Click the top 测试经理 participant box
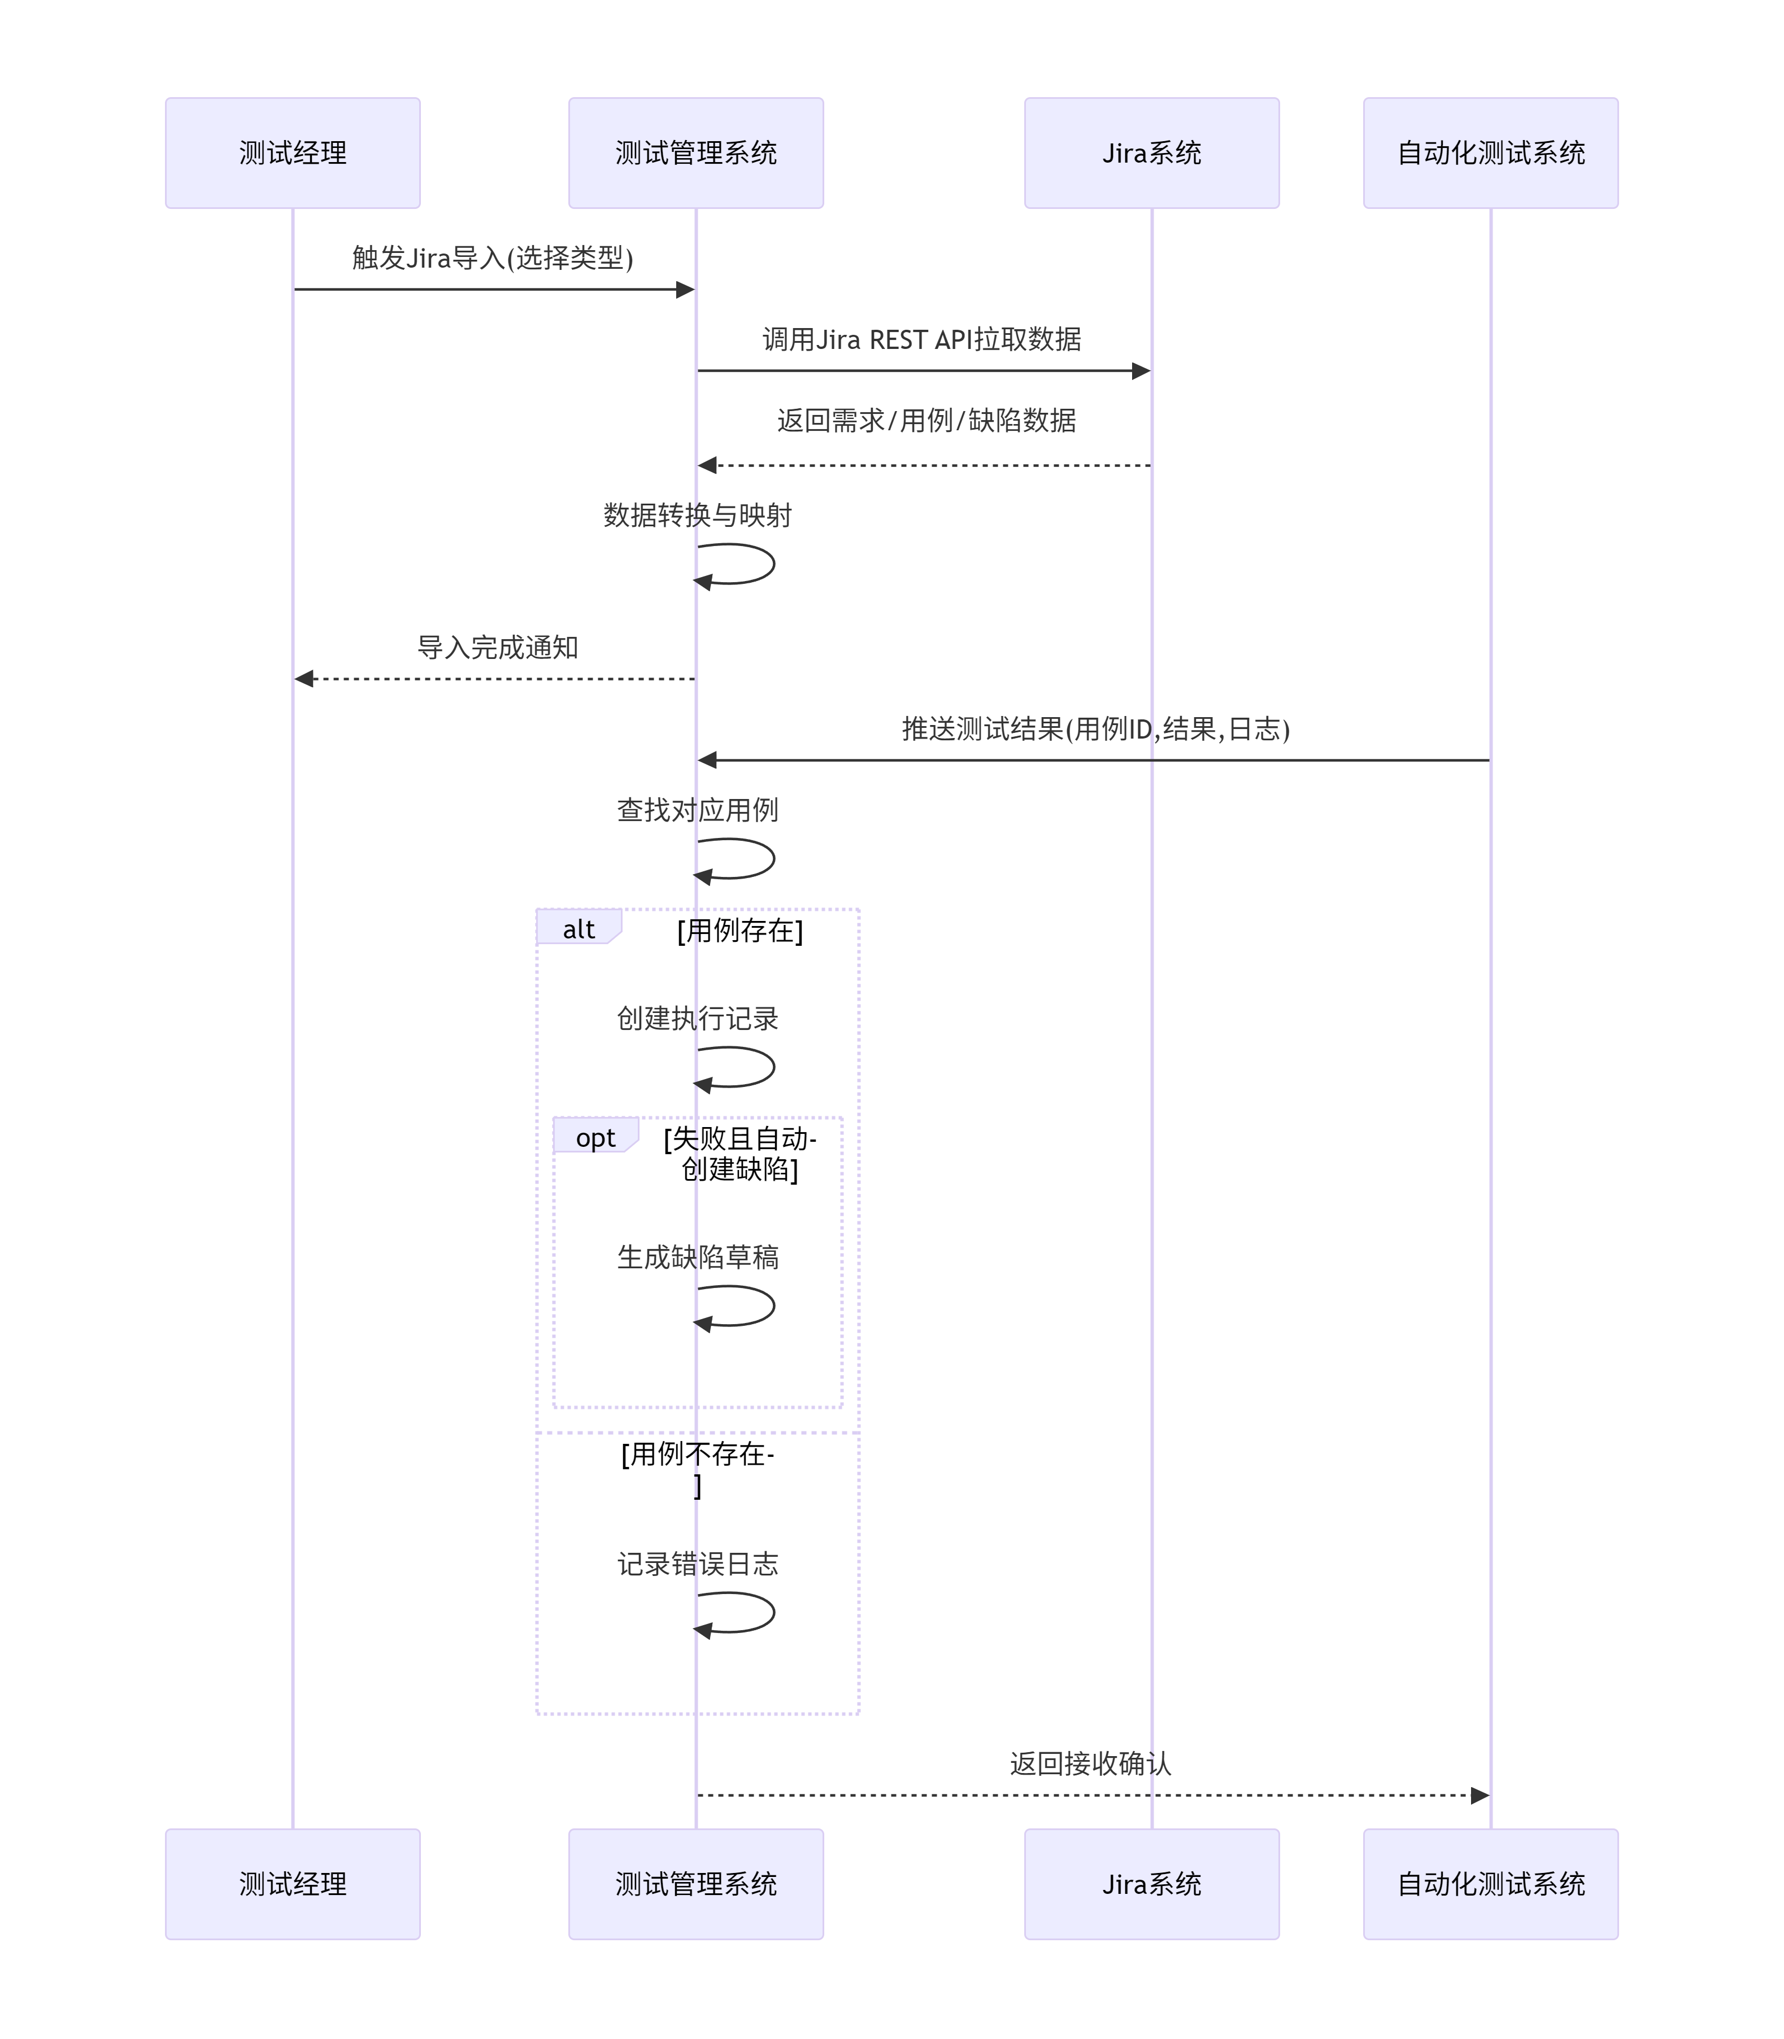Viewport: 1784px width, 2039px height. [x=293, y=153]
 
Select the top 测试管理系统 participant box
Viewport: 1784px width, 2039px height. [x=696, y=153]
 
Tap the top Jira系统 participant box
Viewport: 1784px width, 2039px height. [x=1152, y=153]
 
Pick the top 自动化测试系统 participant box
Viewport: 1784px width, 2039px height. [x=1490, y=153]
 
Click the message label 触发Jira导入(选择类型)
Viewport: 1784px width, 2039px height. [x=493, y=259]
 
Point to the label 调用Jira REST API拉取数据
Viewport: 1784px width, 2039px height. [x=922, y=340]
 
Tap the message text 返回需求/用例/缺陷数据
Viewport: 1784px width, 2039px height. [x=926, y=421]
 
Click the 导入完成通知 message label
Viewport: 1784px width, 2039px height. [x=498, y=648]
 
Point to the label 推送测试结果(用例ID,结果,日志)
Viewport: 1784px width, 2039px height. [x=1095, y=730]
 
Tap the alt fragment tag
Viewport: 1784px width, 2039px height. [x=578, y=929]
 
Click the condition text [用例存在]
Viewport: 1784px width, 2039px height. [x=739, y=931]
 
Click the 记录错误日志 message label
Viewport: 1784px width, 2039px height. [x=698, y=1564]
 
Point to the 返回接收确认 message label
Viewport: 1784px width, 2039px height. [x=1090, y=1765]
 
